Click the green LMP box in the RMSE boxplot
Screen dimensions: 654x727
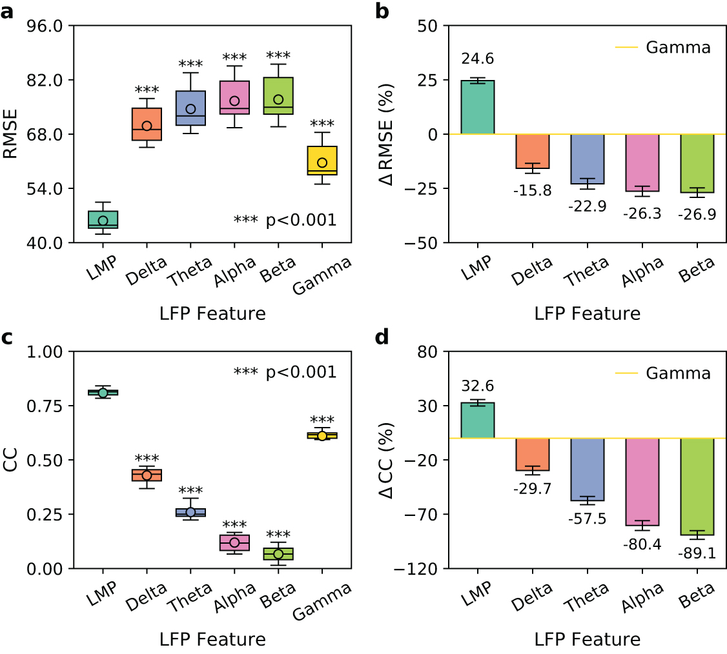[103, 219]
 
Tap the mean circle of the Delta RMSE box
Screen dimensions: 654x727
[147, 126]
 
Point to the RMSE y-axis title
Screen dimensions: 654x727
[11, 134]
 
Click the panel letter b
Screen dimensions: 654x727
[382, 11]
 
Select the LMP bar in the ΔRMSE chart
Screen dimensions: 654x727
[477, 107]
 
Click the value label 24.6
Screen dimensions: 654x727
[477, 59]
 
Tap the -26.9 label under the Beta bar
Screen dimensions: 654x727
[697, 214]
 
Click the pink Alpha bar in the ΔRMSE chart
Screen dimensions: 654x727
[642, 163]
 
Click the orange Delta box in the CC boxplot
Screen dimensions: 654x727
[147, 475]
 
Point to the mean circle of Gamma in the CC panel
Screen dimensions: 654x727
[322, 436]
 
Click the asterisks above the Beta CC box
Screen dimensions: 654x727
[278, 535]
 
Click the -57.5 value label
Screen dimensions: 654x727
[587, 519]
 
